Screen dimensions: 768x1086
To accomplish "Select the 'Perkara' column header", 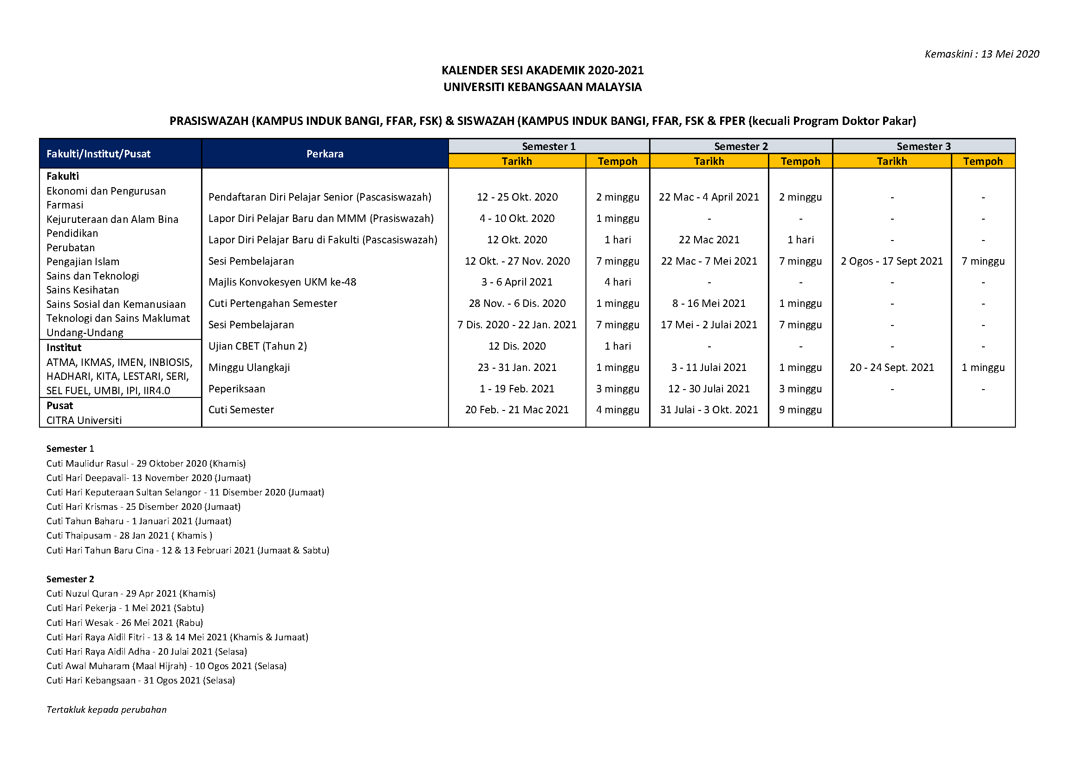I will click(x=325, y=154).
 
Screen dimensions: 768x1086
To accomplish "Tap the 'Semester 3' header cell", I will click(x=923, y=146).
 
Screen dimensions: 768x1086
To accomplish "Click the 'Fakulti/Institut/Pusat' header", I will click(x=98, y=154).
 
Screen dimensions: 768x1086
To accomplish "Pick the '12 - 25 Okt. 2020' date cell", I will click(x=517, y=197).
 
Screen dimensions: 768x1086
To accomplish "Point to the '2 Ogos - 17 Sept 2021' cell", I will click(x=891, y=261).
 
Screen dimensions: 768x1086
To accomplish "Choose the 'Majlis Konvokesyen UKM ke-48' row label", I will click(x=282, y=282).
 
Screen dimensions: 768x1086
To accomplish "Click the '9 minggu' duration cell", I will click(x=800, y=410).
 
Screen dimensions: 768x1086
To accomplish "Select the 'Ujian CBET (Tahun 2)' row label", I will click(x=258, y=346).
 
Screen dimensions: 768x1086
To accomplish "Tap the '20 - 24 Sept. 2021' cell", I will click(x=891, y=367).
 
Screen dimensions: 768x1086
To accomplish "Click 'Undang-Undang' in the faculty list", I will click(x=85, y=332).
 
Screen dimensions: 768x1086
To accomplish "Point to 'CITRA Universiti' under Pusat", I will click(x=84, y=420).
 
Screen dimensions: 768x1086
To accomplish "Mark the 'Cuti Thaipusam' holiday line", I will click(x=129, y=535).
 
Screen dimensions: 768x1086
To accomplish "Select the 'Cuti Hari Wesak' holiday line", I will click(x=124, y=622).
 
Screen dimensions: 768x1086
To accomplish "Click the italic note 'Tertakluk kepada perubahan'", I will click(x=106, y=709).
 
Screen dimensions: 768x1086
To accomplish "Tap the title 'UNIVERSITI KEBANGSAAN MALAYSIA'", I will click(x=542, y=87).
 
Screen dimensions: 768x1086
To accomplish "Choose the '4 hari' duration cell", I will click(x=617, y=282).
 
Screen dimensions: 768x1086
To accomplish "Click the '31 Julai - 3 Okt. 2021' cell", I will click(x=709, y=410).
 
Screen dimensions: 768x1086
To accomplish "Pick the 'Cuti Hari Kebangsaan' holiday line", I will click(x=141, y=680).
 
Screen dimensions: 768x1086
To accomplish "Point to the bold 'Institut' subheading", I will click(x=64, y=347).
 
